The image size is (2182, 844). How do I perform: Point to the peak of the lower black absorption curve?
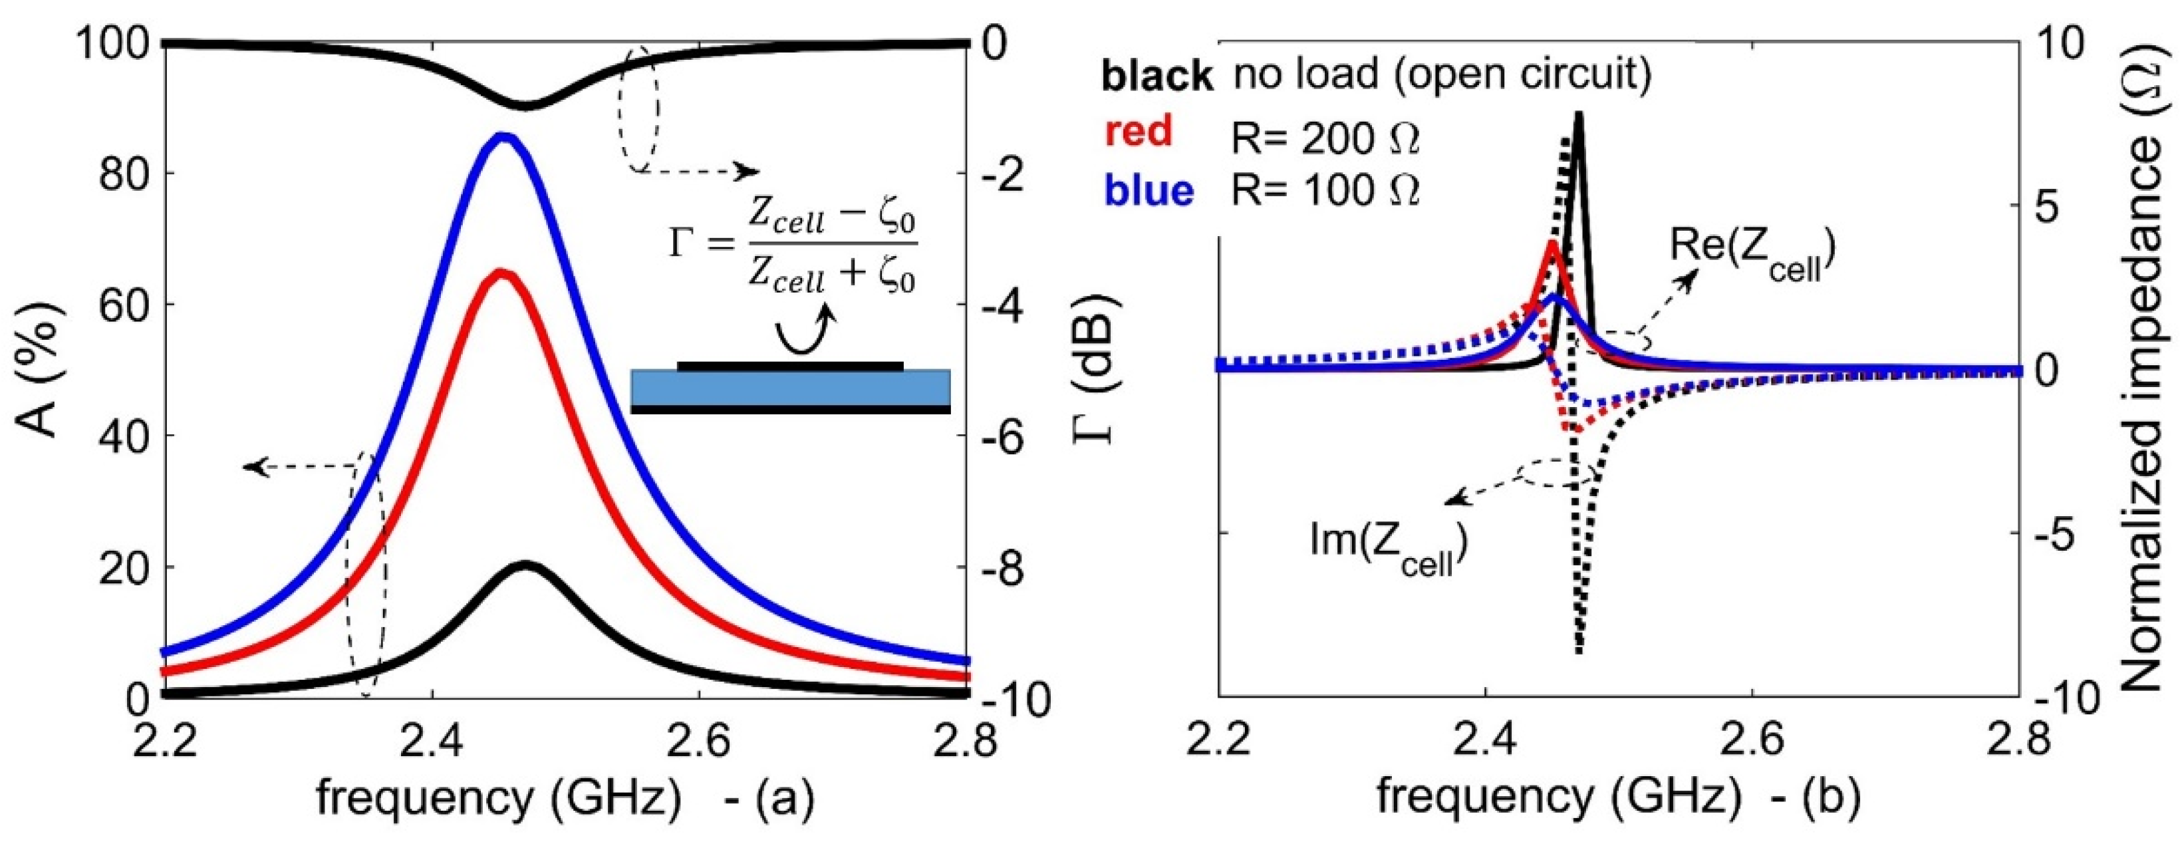[x=526, y=565]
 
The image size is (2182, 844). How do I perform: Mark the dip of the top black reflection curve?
[x=526, y=105]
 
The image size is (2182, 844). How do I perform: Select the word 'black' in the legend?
[x=1157, y=76]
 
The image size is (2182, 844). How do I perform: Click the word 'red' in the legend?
[x=1139, y=131]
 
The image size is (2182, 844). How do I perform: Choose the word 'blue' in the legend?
[x=1148, y=191]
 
